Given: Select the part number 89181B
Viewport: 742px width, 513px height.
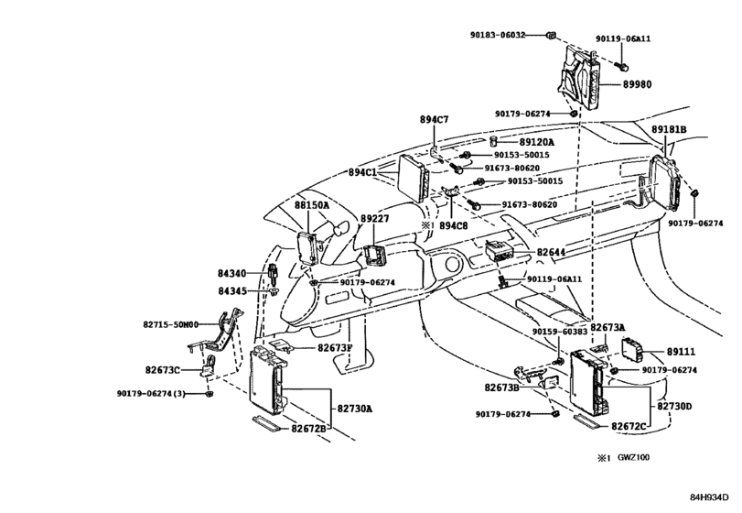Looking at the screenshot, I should point(673,131).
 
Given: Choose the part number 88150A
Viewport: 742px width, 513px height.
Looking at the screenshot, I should point(311,207).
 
